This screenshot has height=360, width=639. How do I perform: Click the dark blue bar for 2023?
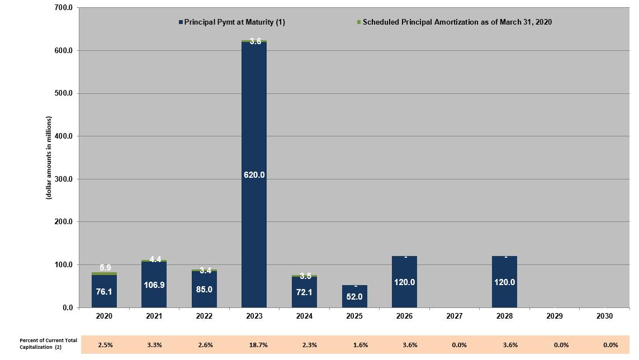pyautogui.click(x=254, y=174)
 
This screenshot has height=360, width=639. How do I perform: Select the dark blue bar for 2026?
pyautogui.click(x=404, y=282)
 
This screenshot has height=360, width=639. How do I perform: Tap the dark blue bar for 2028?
pyautogui.click(x=504, y=282)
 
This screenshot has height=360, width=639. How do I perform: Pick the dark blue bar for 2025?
pyautogui.click(x=354, y=296)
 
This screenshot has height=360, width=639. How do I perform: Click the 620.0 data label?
pyautogui.click(x=254, y=175)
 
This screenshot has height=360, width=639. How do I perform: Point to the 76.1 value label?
pyautogui.click(x=104, y=292)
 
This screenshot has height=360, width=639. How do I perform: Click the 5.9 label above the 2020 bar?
pyautogui.click(x=105, y=268)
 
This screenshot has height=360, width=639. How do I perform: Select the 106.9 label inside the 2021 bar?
pyautogui.click(x=154, y=285)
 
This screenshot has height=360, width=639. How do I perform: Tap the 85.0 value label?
pyautogui.click(x=204, y=290)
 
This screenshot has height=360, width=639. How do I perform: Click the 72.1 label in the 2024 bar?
pyautogui.click(x=305, y=292)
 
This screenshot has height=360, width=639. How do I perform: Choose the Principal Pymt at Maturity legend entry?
pyautogui.click(x=232, y=22)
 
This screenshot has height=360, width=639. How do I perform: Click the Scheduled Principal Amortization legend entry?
pyautogui.click(x=455, y=22)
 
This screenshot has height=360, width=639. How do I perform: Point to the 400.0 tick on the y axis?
pyautogui.click(x=63, y=136)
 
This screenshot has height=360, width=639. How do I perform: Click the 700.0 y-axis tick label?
pyautogui.click(x=63, y=8)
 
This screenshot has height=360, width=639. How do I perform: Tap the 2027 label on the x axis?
pyautogui.click(x=455, y=316)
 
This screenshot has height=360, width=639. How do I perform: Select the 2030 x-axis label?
pyautogui.click(x=604, y=316)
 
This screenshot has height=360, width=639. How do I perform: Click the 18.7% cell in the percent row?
pyautogui.click(x=258, y=345)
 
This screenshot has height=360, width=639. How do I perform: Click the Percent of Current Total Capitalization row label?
pyautogui.click(x=48, y=344)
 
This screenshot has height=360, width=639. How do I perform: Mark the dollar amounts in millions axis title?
pyautogui.click(x=49, y=158)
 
